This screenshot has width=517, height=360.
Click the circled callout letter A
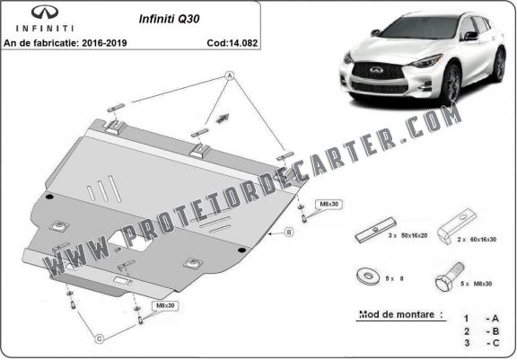[229, 78]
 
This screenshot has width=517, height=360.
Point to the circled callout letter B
[289, 233]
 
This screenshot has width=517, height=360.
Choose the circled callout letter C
[100, 338]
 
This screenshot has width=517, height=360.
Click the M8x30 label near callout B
[327, 204]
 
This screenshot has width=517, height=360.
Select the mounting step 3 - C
[479, 343]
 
